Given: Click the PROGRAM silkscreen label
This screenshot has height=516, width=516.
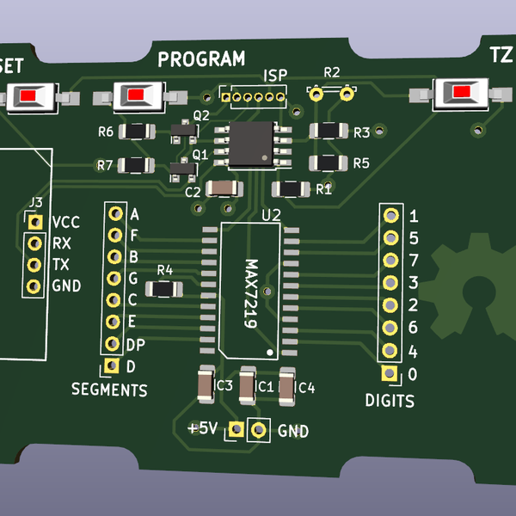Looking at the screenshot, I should point(201,59).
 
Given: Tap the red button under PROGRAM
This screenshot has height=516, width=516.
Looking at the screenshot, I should point(137,95).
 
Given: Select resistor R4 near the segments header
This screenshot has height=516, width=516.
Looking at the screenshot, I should point(163,288).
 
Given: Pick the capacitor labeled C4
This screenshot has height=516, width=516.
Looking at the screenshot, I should point(286,386).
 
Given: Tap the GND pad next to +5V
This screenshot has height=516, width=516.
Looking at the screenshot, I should point(256,429).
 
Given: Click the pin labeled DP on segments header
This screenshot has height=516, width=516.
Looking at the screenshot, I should point(112,344).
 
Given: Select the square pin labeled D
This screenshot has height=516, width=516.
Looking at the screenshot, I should point(111,366).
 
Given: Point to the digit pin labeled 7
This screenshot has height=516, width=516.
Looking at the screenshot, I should point(390,260).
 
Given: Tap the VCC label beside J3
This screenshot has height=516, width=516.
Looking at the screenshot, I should point(65,222).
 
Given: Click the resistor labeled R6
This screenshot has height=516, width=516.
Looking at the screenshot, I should point(136,132).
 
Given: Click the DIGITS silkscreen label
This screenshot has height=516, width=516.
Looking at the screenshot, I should point(390,400).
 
